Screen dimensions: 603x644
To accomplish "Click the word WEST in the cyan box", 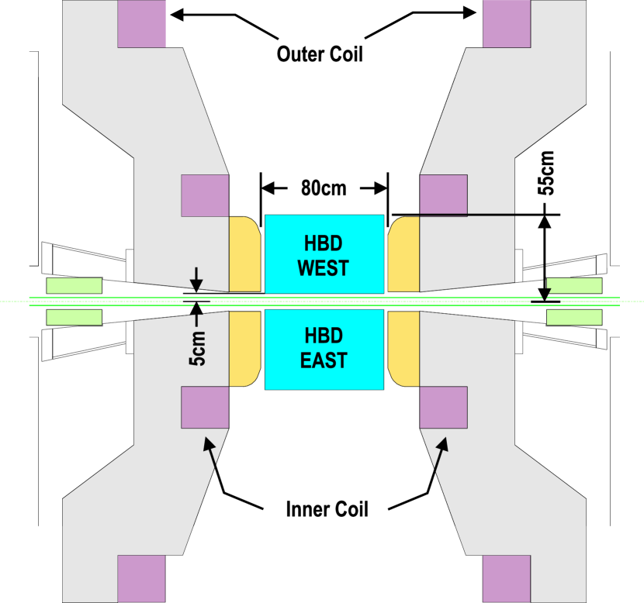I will pos(324,268).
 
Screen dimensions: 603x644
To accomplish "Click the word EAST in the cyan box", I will pos(324,360).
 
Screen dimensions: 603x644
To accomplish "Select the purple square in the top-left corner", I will pos(141,24).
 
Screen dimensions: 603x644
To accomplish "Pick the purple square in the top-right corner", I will pos(507,24).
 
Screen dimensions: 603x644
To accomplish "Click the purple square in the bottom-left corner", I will pos(141,578).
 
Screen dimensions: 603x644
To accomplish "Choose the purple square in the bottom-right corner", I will pos(507,578).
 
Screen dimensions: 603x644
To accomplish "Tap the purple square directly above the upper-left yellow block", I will pos(205,195).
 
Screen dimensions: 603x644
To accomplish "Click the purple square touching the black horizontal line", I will pos(443,195).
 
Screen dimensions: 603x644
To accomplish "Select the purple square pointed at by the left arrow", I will pos(205,408).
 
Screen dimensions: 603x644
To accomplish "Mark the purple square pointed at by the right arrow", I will pos(443,408).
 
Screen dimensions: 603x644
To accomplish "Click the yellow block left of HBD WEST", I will pos(244,254).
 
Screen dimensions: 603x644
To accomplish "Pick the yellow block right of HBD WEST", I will pos(403,254).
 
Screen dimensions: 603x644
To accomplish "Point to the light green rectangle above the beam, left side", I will pos(74,285).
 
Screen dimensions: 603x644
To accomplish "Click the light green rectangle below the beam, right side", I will pos(574,317).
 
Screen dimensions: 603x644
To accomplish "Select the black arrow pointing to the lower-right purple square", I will pos(440,454).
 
